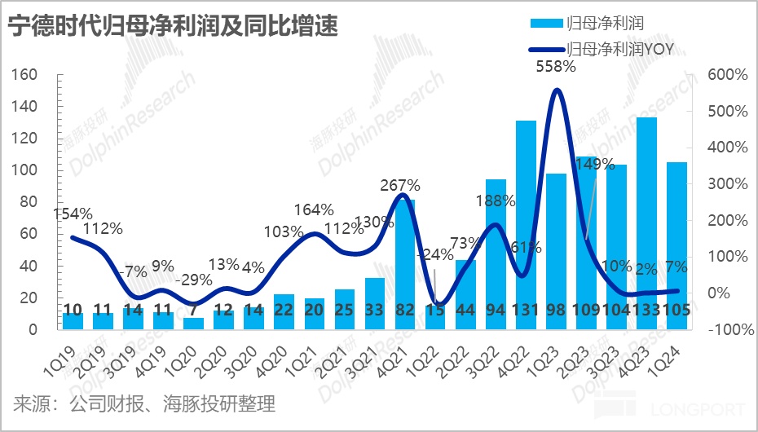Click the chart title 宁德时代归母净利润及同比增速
(x=172, y=28)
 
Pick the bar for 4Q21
(x=405, y=264)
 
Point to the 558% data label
(x=556, y=67)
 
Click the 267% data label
(x=400, y=185)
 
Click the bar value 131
(x=526, y=311)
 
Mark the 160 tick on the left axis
(x=26, y=75)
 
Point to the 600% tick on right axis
(x=727, y=75)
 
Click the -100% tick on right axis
(x=725, y=330)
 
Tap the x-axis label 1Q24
(x=671, y=355)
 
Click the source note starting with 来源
(x=143, y=403)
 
